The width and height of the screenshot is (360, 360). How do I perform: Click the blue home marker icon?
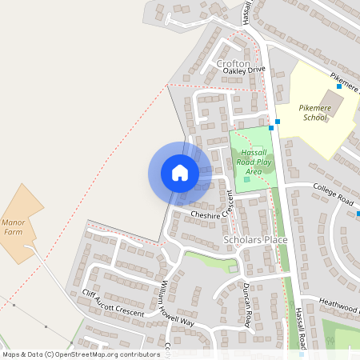point(180,173)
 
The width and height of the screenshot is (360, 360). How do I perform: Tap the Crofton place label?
point(233,63)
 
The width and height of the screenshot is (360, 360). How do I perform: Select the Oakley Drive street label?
point(243,70)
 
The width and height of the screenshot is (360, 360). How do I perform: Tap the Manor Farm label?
point(19,226)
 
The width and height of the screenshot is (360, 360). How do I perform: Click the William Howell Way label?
point(177,303)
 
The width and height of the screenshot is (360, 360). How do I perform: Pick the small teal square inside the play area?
point(246,179)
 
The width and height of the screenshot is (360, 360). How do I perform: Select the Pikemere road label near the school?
point(343,77)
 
